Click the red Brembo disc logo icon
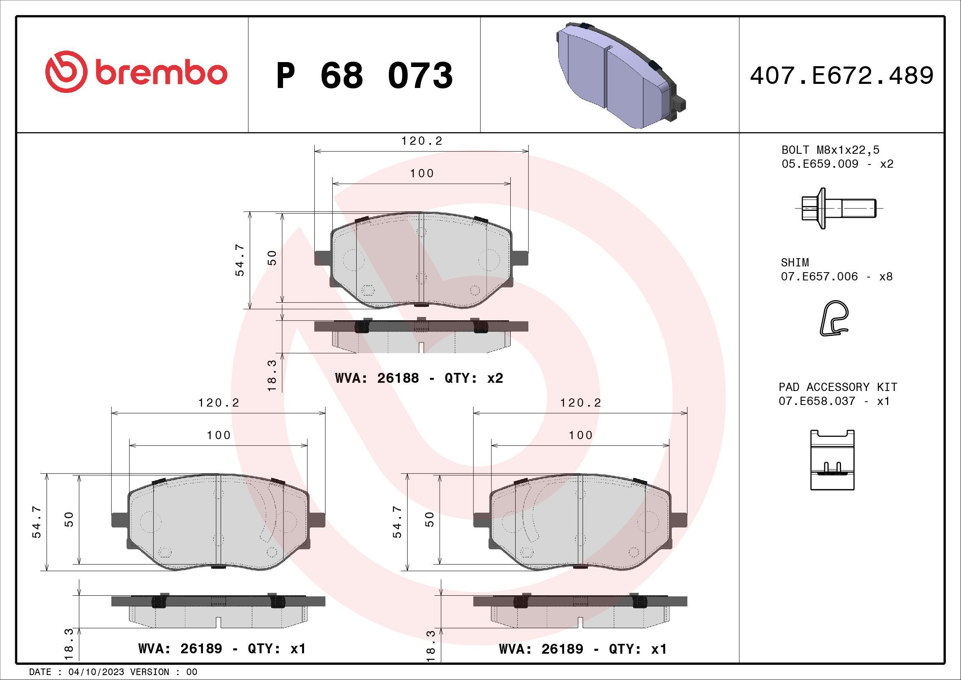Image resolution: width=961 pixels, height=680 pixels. click(66, 72)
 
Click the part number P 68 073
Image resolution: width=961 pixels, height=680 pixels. click(364, 76)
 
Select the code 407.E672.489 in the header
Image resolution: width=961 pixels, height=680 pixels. click(841, 76)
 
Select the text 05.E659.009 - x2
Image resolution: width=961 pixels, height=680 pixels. click(837, 164)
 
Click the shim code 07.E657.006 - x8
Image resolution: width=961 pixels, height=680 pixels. click(836, 276)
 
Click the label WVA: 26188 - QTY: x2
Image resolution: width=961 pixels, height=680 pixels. click(419, 378)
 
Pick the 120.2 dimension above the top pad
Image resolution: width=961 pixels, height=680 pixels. click(422, 141)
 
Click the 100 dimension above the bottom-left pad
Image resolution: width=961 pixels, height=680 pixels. click(219, 435)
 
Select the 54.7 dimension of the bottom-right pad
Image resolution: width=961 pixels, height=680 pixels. click(397, 521)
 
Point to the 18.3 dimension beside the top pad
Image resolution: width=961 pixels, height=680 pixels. click(272, 375)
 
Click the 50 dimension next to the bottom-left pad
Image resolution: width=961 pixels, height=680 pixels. click(69, 519)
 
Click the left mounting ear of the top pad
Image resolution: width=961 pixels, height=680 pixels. click(323, 257)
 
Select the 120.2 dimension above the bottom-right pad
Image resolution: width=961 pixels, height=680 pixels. click(580, 402)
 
